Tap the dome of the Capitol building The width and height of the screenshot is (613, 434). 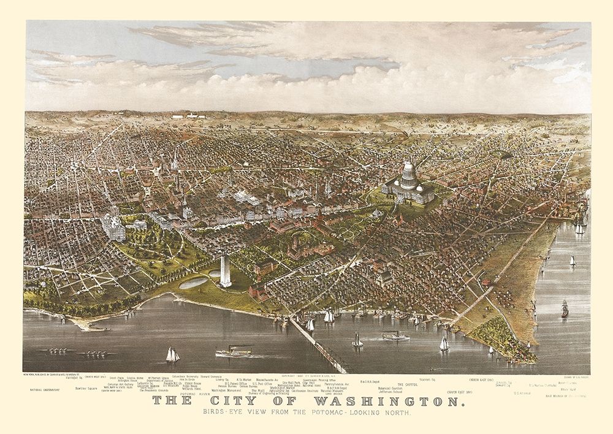pos(408,172)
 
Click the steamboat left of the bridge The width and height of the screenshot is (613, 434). pos(233,352)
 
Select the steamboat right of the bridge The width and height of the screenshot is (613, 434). pos(395,336)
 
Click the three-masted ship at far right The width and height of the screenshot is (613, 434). pos(565,308)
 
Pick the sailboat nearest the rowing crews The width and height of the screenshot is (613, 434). pos(172,355)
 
